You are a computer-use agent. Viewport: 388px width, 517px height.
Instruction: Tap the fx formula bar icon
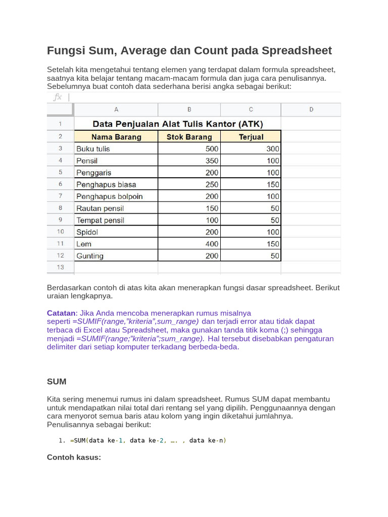click(58, 97)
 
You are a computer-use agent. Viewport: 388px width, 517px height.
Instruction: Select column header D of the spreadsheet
click(311, 110)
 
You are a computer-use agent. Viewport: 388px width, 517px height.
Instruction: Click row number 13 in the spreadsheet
click(60, 267)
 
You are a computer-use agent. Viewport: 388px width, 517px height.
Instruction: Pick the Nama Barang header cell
click(116, 137)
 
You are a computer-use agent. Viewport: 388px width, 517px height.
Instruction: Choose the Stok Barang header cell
click(189, 137)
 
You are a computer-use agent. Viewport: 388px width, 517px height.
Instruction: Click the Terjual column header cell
click(251, 137)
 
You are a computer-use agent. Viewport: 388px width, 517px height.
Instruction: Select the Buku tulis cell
click(93, 149)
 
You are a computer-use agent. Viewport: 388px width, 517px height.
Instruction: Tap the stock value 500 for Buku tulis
click(212, 149)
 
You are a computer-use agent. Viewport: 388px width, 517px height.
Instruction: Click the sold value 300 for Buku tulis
click(273, 149)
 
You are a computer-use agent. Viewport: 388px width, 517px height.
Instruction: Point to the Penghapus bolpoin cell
click(109, 196)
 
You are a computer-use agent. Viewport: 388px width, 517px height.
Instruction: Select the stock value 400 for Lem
click(212, 244)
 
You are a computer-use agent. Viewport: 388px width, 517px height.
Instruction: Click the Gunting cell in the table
click(90, 256)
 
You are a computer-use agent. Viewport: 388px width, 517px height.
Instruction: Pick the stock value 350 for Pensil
click(212, 161)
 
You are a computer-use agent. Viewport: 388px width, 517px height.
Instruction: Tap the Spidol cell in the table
click(87, 232)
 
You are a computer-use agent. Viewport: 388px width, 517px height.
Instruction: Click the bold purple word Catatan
click(61, 313)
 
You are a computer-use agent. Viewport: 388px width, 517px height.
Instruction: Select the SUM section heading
click(57, 381)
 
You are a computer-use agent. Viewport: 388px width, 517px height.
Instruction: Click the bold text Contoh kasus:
click(74, 457)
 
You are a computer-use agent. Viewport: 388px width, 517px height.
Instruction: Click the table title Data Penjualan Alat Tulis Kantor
click(177, 124)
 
